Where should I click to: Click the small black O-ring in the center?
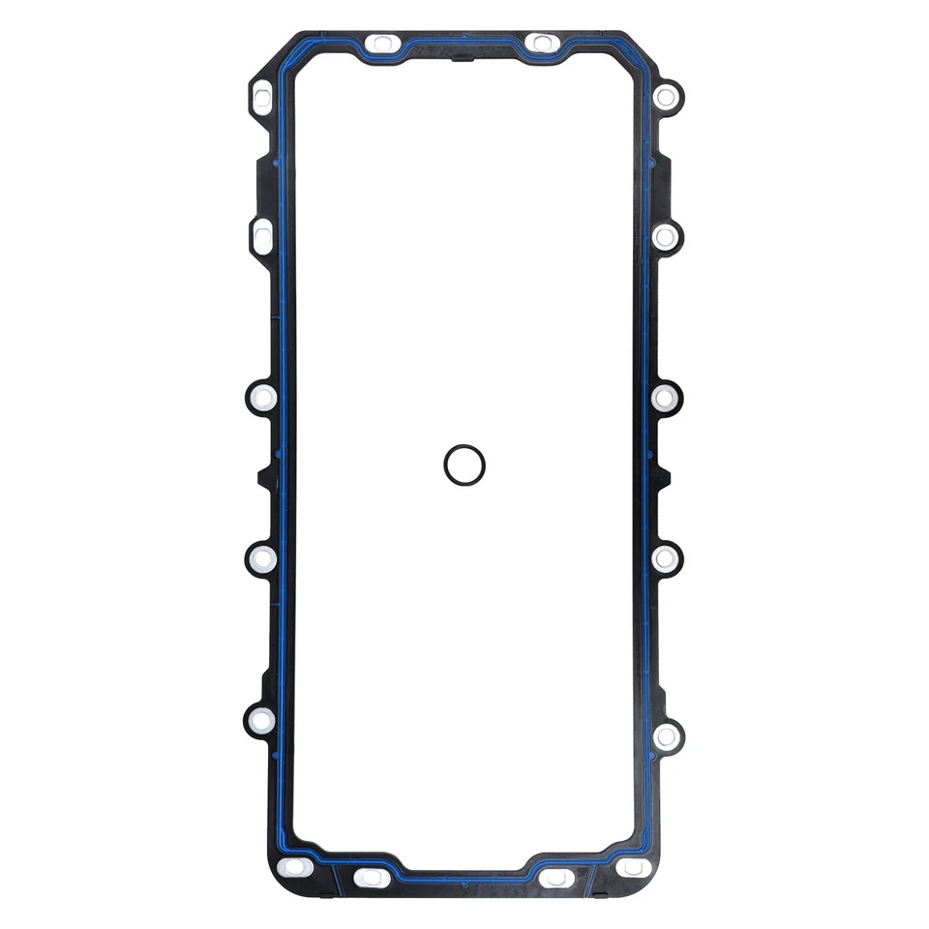[x=464, y=464]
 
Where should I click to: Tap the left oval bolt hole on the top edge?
[x=383, y=44]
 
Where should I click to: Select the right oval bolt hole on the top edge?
[x=541, y=43]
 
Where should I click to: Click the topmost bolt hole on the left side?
[x=262, y=96]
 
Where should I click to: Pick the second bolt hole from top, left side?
[x=262, y=236]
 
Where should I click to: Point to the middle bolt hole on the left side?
[x=262, y=397]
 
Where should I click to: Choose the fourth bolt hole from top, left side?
[x=262, y=558]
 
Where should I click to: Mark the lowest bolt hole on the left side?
[x=261, y=720]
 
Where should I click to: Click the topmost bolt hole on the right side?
[x=666, y=96]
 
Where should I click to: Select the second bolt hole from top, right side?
[x=666, y=236]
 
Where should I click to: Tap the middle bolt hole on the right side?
[x=665, y=397]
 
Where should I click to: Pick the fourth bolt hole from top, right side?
[x=666, y=558]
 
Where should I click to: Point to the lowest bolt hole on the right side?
[x=666, y=736]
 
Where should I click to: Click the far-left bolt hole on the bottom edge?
[x=294, y=867]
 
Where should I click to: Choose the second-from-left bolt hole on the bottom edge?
[x=372, y=878]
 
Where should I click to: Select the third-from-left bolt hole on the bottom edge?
[x=557, y=878]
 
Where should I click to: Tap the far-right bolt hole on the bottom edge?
[x=634, y=867]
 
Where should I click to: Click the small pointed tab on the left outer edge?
[x=261, y=477]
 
